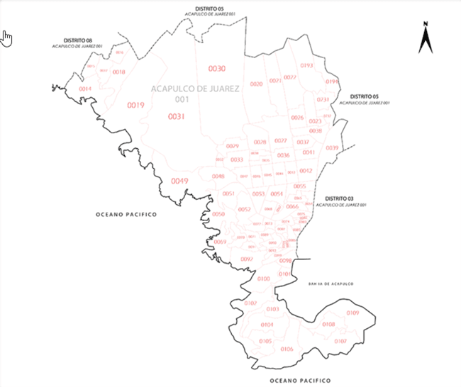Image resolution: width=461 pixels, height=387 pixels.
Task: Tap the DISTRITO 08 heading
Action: point(78,40)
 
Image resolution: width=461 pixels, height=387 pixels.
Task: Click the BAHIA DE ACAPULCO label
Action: point(330,284)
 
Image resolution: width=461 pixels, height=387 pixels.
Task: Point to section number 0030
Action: point(216,68)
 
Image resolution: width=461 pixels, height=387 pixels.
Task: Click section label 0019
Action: point(135,106)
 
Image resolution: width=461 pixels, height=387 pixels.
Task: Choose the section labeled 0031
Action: point(177,116)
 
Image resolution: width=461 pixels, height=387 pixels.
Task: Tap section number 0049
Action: point(179,181)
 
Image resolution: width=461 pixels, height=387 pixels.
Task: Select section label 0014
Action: point(85,89)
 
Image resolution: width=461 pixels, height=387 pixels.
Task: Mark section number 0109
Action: point(352,313)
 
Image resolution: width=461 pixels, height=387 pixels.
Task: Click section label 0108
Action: point(328,324)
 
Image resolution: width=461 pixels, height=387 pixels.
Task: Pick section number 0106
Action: point(287,349)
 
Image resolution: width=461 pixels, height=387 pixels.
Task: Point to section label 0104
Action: point(267,324)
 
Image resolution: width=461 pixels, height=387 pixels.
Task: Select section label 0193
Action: point(306,65)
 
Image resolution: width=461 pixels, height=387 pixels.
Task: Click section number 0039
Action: point(332,147)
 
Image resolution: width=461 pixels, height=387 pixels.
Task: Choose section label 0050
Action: point(218,214)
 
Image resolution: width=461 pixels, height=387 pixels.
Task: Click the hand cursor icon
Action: point(7,38)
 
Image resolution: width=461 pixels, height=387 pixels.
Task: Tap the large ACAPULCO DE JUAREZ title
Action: point(196,89)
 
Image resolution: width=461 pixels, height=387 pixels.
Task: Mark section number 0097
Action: point(247,259)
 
